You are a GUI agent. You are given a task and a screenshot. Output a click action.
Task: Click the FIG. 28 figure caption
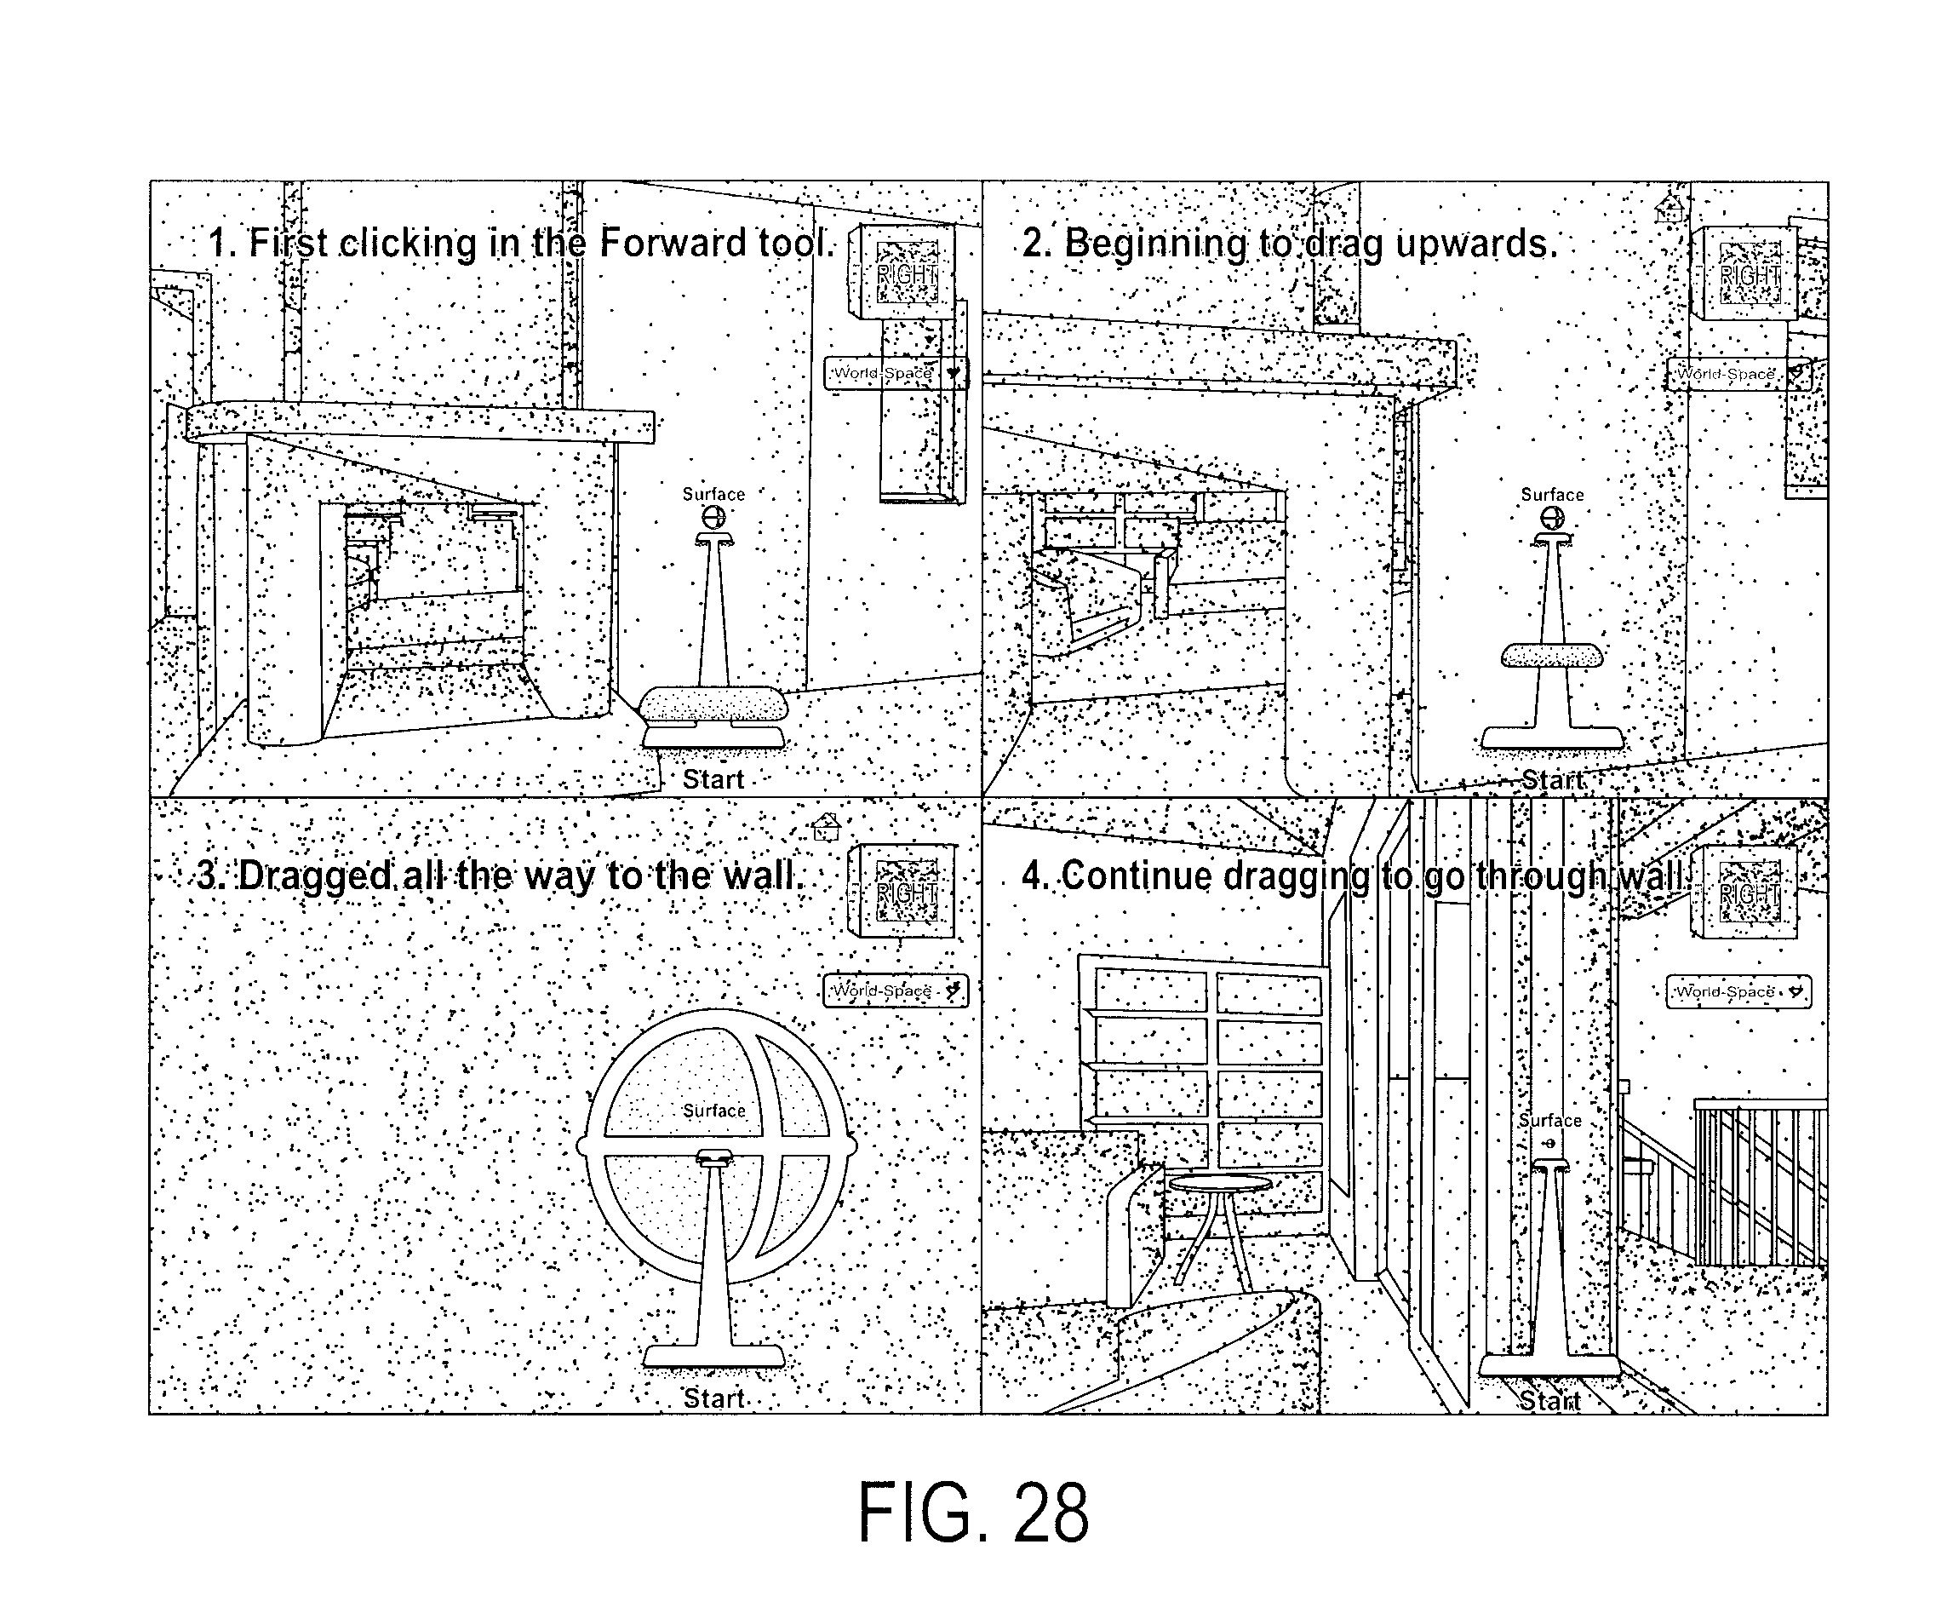point(973,1512)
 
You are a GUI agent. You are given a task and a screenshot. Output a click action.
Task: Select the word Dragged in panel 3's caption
point(315,876)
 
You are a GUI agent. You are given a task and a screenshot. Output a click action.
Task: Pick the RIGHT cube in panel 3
point(902,891)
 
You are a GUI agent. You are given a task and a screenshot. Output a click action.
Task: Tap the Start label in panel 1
point(713,780)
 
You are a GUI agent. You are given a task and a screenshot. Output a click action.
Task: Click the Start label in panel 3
point(714,1398)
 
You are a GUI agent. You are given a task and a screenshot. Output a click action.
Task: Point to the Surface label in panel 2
point(1552,495)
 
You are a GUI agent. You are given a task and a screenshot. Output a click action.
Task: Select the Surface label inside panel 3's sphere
point(714,1111)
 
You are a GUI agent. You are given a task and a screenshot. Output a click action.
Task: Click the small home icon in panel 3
point(826,825)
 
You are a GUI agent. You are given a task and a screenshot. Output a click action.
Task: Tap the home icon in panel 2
point(1670,210)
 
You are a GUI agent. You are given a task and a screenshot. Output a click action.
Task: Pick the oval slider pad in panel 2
point(1552,655)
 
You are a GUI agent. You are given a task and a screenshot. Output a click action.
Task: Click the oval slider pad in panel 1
point(713,704)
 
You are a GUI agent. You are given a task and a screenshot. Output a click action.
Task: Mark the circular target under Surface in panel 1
point(713,516)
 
